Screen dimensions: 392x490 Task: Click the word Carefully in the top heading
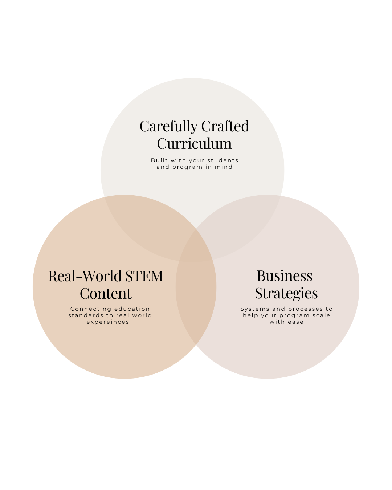click(x=169, y=127)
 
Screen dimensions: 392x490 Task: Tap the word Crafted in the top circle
click(x=225, y=126)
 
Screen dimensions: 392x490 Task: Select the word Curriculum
click(x=194, y=144)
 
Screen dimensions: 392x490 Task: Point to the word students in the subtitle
click(x=222, y=160)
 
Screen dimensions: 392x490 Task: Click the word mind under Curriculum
click(x=224, y=167)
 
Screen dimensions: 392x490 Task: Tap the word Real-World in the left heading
click(x=84, y=276)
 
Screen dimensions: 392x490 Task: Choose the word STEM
click(x=144, y=276)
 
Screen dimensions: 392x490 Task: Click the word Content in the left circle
click(x=106, y=294)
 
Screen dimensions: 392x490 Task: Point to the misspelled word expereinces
click(x=108, y=322)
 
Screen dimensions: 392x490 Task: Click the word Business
click(x=285, y=276)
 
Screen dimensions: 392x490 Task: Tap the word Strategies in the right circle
click(x=286, y=293)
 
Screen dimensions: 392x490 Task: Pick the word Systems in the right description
click(x=255, y=309)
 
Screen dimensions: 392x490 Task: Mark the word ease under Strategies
click(x=296, y=322)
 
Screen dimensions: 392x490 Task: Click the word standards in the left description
click(x=86, y=315)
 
